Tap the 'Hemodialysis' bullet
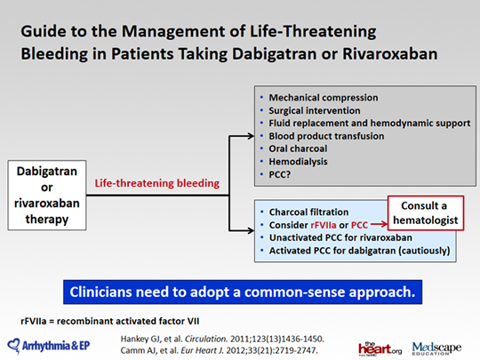(x=294, y=163)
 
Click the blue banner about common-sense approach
(x=240, y=291)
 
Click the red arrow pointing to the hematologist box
(x=383, y=225)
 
